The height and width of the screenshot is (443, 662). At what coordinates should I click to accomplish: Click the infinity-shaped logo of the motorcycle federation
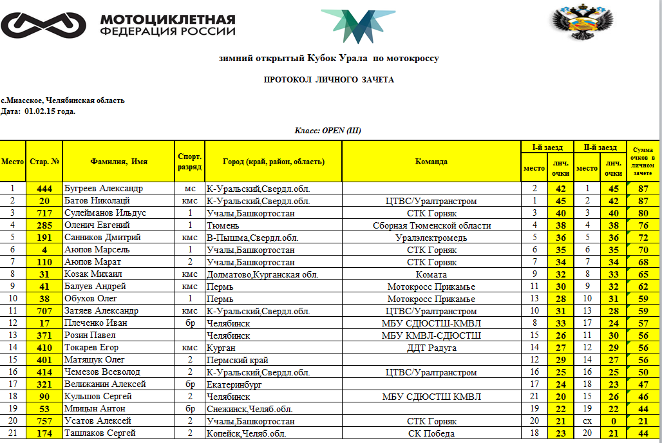[43, 25]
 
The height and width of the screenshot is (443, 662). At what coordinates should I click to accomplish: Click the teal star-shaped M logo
[357, 27]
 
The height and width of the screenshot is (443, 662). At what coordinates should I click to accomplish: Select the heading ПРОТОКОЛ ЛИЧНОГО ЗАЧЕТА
[329, 80]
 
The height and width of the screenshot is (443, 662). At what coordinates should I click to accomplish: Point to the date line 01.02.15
[39, 111]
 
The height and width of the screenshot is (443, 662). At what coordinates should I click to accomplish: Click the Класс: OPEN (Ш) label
[328, 131]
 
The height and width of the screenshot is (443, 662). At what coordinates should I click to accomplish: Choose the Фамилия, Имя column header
[119, 162]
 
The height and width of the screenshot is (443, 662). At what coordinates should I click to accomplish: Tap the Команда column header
[431, 162]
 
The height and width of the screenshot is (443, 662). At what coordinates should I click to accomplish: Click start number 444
[44, 189]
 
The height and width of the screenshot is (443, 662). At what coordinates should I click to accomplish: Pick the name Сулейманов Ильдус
[106, 213]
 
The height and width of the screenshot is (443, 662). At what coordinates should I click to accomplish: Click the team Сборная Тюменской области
[431, 225]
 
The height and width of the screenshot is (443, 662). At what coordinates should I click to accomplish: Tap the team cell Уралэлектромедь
[431, 238]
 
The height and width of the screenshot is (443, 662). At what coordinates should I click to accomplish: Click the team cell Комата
[431, 274]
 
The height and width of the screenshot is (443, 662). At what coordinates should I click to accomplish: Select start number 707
[44, 311]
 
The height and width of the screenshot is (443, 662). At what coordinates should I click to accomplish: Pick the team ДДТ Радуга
[431, 348]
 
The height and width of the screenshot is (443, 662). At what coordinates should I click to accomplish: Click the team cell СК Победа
[431, 433]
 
